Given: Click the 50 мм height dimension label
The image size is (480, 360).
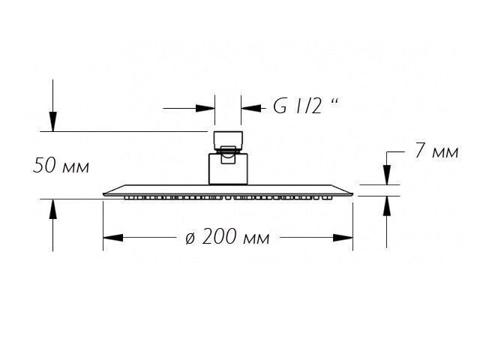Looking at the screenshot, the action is coord(61,165).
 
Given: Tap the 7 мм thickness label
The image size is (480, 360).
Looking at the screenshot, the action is coord(436,151).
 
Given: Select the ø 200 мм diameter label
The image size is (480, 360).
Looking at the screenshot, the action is coord(227,237).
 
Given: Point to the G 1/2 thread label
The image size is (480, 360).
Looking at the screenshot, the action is coord(306,106).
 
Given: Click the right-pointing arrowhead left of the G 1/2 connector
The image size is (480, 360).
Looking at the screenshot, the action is coord(205,108).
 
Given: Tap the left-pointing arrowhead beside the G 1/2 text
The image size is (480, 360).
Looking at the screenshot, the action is coord(251,108).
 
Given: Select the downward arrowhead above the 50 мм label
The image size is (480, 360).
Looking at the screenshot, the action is coord(53,121).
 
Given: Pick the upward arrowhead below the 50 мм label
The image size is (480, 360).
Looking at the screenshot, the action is coord(53,209).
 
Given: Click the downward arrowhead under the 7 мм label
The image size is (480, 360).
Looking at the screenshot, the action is coord(387,175).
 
